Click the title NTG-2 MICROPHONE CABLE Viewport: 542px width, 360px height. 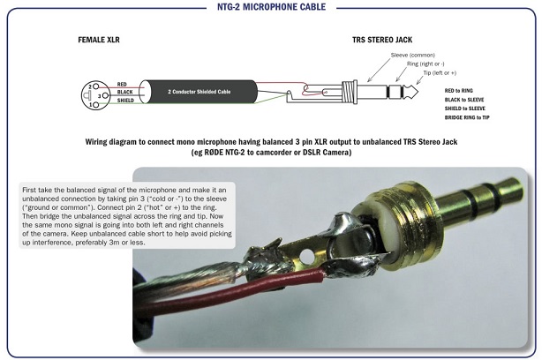click(271, 7)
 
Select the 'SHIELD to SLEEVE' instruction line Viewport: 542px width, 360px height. click(471, 109)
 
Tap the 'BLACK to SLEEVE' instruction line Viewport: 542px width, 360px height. click(470, 100)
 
